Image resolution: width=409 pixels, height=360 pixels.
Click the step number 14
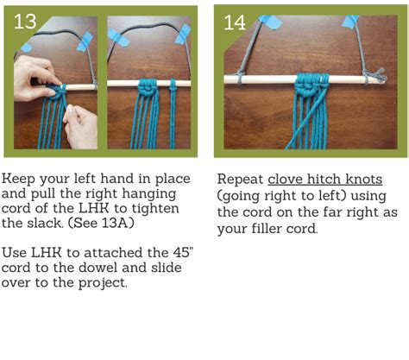coord(235,22)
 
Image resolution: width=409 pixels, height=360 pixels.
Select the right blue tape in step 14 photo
coord(350,21)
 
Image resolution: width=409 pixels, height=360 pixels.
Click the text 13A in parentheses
coord(129,223)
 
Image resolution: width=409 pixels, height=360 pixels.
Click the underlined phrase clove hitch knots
coord(321,179)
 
